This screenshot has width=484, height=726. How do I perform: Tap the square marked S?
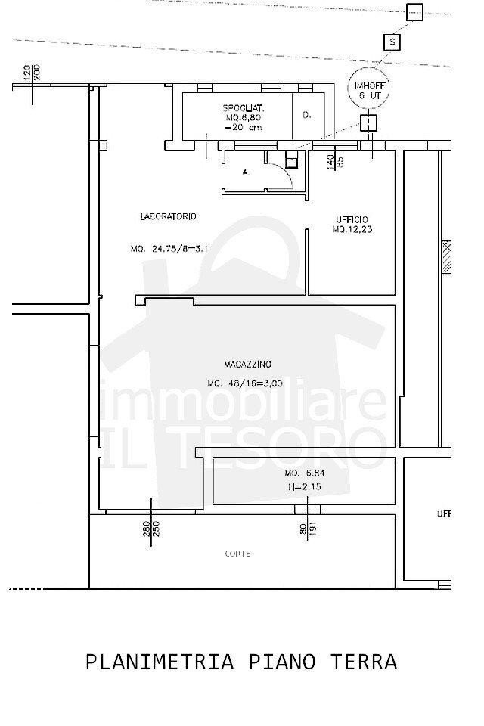tap(392, 42)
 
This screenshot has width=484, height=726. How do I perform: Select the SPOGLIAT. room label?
tap(243, 107)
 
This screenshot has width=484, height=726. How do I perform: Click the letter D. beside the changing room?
tap(306, 115)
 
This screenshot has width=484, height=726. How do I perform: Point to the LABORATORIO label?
tap(168, 216)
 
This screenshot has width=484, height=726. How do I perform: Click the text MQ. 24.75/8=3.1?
tap(169, 249)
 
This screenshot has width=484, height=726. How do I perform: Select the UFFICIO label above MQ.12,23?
tap(352, 220)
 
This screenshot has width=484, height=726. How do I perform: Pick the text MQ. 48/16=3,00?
tap(244, 383)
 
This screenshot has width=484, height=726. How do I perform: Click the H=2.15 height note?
tap(305, 487)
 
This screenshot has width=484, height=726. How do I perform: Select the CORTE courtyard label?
tap(237, 554)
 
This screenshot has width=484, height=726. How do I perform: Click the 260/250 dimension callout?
tap(151, 529)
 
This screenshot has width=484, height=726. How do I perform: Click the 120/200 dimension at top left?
tap(32, 73)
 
